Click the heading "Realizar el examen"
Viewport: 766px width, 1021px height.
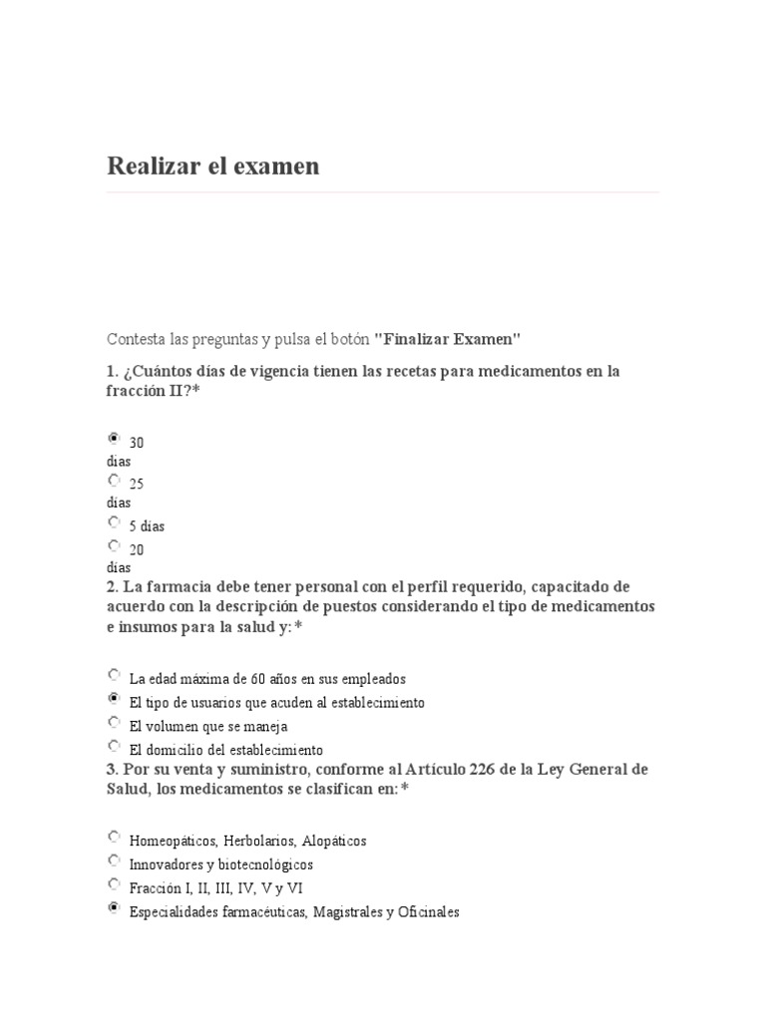[213, 167]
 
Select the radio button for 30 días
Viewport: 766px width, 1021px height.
[114, 438]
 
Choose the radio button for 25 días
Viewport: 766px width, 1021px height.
[114, 480]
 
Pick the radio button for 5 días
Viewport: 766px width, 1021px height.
[114, 521]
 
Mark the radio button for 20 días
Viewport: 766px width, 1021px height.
[114, 545]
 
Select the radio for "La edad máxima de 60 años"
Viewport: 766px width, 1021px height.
[114, 674]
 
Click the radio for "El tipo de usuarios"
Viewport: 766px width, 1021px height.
[114, 698]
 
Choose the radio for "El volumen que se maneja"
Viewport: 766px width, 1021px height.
[114, 722]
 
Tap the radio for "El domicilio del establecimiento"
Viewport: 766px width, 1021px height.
[114, 745]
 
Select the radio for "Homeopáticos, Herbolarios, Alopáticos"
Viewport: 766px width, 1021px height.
[114, 837]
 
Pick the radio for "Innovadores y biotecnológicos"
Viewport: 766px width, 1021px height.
[114, 859]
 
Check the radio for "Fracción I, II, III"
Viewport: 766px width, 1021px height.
[114, 883]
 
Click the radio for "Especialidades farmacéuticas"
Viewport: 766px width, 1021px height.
[114, 907]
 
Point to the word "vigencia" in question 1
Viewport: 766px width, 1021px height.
[291, 371]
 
